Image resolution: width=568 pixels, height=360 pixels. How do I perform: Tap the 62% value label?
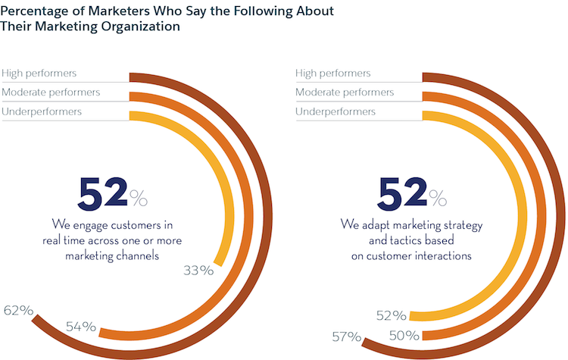[x=17, y=310]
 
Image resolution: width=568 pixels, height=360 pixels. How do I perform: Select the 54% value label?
[x=80, y=327]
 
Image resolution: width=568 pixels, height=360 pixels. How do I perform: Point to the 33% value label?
[x=199, y=269]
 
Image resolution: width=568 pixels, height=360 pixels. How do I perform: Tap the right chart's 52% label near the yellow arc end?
[x=391, y=315]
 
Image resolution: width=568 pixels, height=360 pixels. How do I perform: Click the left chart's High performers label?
[x=39, y=74]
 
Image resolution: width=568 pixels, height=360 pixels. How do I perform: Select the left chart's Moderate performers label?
[x=51, y=92]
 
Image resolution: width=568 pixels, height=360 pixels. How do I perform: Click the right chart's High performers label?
[x=333, y=74]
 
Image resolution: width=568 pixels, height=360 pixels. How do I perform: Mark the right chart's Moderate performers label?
[x=345, y=92]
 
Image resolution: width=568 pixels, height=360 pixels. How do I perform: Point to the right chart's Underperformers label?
[x=335, y=111]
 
